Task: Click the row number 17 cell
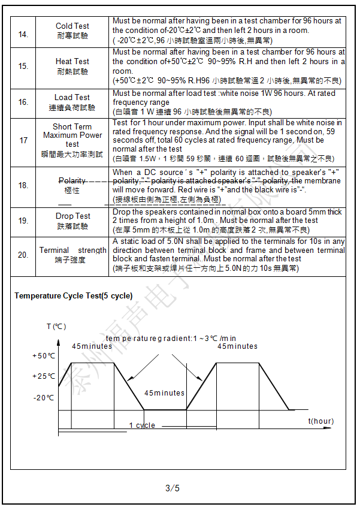tap(23, 140)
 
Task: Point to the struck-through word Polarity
tap(72, 180)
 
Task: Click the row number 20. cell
tap(23, 255)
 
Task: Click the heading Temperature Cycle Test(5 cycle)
tap(74, 296)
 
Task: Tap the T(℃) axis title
tap(56, 327)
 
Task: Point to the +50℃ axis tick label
tap(43, 356)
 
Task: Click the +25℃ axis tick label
tap(43, 376)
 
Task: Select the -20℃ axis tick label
tap(44, 397)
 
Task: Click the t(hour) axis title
tap(321, 421)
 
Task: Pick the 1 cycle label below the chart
tap(142, 425)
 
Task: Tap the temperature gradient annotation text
tap(171, 339)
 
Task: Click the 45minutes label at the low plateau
tap(164, 393)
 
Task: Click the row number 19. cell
tap(23, 221)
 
